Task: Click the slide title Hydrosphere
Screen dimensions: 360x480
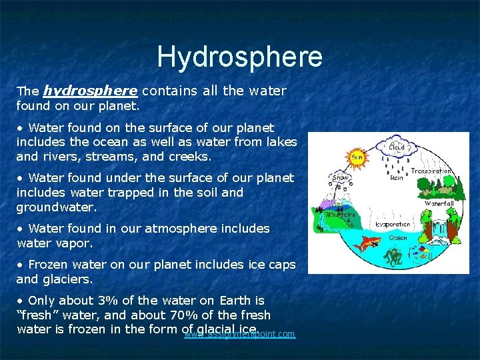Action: coord(239,57)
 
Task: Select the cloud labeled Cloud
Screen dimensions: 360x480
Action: coord(397,147)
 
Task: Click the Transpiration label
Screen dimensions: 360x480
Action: coord(430,171)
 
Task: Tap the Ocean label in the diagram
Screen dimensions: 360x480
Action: coord(399,237)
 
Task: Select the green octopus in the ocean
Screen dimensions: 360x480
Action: coord(392,255)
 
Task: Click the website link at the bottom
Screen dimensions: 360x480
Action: coord(239,333)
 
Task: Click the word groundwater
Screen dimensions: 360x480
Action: coord(56,207)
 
